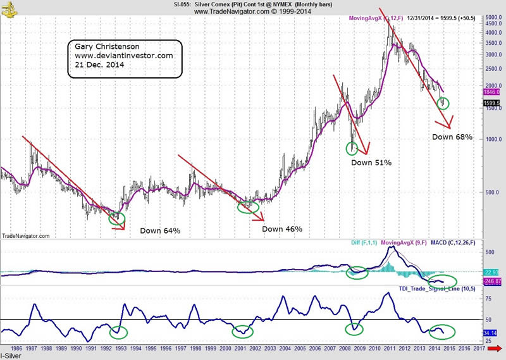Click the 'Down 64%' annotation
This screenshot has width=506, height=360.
[160, 230]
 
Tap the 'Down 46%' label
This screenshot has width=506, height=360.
[282, 229]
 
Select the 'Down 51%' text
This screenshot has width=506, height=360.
[371, 163]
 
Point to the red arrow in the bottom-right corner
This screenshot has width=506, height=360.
[499, 348]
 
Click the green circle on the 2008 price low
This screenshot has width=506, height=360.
[353, 148]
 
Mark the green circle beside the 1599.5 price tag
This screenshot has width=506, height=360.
[444, 102]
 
